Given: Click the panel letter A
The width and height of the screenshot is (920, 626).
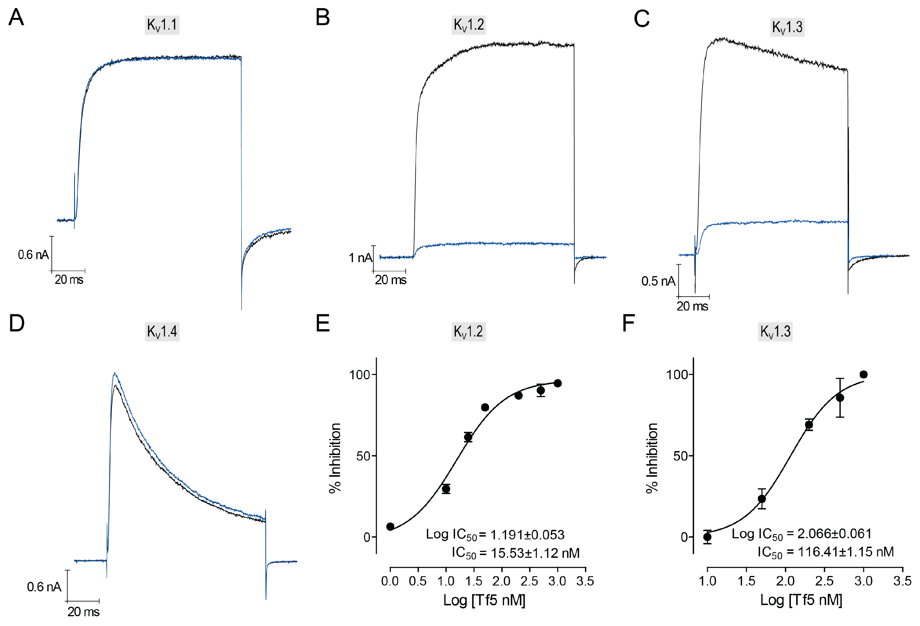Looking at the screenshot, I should (x=16, y=18).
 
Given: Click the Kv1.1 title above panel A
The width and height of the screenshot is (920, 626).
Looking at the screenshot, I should (x=162, y=25).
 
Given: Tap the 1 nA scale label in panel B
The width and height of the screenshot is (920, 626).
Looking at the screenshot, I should (x=360, y=258).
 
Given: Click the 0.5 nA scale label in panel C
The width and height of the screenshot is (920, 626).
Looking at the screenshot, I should (x=658, y=281).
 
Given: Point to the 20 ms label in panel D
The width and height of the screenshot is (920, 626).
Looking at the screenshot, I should (x=83, y=611).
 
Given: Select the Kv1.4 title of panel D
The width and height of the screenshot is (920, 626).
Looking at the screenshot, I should (x=162, y=331).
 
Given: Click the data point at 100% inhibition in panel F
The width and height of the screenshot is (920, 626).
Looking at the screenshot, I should (x=863, y=374).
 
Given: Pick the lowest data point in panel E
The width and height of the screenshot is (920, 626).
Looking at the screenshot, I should (x=390, y=526).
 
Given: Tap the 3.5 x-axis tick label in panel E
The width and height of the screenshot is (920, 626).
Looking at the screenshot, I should (x=585, y=581).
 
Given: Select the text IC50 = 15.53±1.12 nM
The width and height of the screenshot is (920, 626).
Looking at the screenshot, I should (x=515, y=553).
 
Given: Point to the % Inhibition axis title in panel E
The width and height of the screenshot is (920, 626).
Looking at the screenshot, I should (x=335, y=458).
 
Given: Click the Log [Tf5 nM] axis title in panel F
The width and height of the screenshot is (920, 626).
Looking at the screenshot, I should (x=801, y=600).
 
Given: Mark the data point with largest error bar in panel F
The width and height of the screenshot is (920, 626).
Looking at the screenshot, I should (x=840, y=398).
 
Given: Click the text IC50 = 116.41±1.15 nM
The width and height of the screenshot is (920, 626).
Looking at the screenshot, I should (x=826, y=552).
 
